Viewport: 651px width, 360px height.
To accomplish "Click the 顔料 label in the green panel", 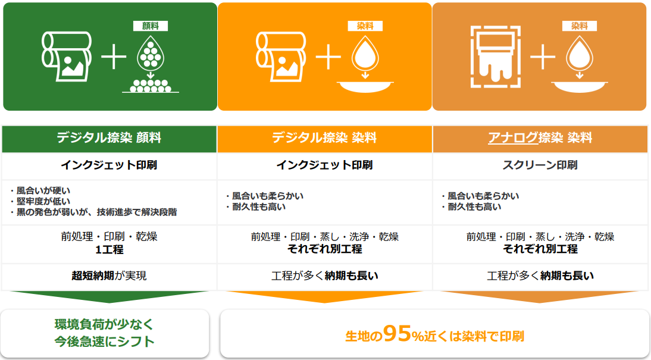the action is coord(151,26).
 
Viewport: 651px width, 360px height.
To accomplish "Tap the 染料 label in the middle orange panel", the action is coord(365,26).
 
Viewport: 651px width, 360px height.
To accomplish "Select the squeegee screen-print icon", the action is coord(496,57).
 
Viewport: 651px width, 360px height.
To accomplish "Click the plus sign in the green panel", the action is coord(113,58).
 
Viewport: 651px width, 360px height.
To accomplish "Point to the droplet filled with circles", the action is coord(151,52).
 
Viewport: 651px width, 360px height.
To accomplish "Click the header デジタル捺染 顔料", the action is coord(109,137).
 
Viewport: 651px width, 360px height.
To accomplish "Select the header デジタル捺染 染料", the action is coord(324,137).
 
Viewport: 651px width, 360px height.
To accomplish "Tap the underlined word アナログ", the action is coord(513,137).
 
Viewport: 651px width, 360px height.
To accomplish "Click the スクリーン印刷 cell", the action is coord(540,165).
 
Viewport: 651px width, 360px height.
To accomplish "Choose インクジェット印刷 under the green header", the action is coord(109,165).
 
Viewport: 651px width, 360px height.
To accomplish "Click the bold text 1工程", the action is coord(109,250).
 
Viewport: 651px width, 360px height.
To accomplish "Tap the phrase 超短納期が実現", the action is coord(109,276).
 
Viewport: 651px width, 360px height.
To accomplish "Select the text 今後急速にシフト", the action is coord(105,342).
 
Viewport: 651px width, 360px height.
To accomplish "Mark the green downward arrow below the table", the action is coord(109,297).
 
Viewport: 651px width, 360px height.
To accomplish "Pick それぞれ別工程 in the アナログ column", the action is coord(540,249).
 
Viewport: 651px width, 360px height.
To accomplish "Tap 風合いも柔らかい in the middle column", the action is coord(267,196).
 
